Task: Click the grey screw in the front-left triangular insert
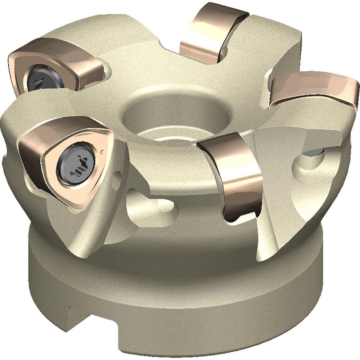(x=77, y=163)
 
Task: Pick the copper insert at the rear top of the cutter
(x=212, y=32)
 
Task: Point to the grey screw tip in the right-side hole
(x=312, y=154)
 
